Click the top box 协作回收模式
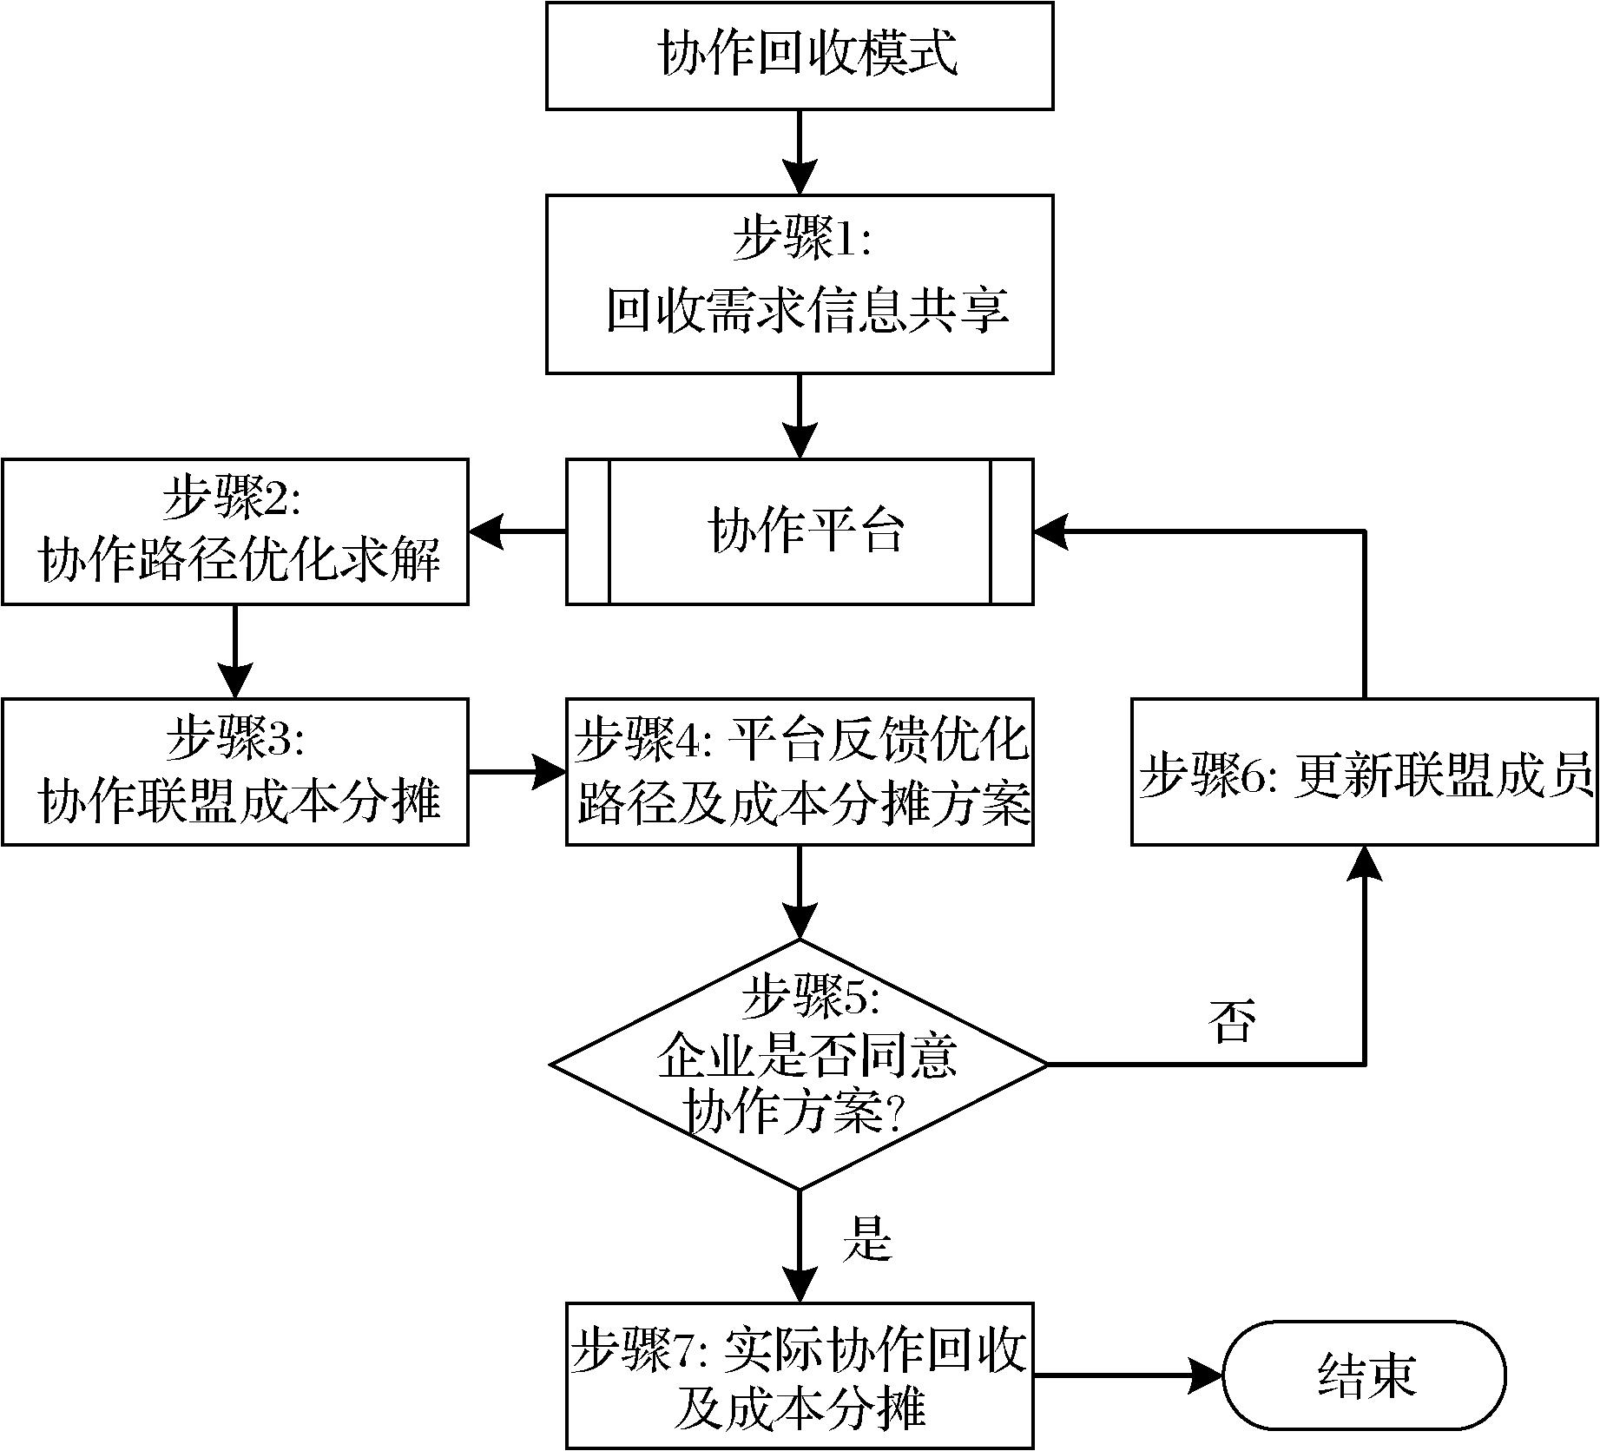[x=799, y=56]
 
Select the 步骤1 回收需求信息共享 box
[x=799, y=284]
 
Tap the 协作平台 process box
[x=799, y=531]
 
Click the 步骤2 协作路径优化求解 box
[x=234, y=531]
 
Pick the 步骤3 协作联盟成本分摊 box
[x=234, y=771]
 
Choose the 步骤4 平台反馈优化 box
[x=799, y=771]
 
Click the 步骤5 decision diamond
[x=799, y=1064]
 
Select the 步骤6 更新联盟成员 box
[x=1364, y=771]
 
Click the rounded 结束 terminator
[x=1364, y=1375]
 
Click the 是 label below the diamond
[x=866, y=1240]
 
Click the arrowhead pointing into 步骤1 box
[x=799, y=177]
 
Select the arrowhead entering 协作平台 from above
[x=799, y=442]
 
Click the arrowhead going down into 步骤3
[x=234, y=681]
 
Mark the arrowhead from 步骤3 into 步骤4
[x=549, y=771]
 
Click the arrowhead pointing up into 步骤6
[x=1364, y=863]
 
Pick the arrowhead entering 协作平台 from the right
[x=1050, y=531]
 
